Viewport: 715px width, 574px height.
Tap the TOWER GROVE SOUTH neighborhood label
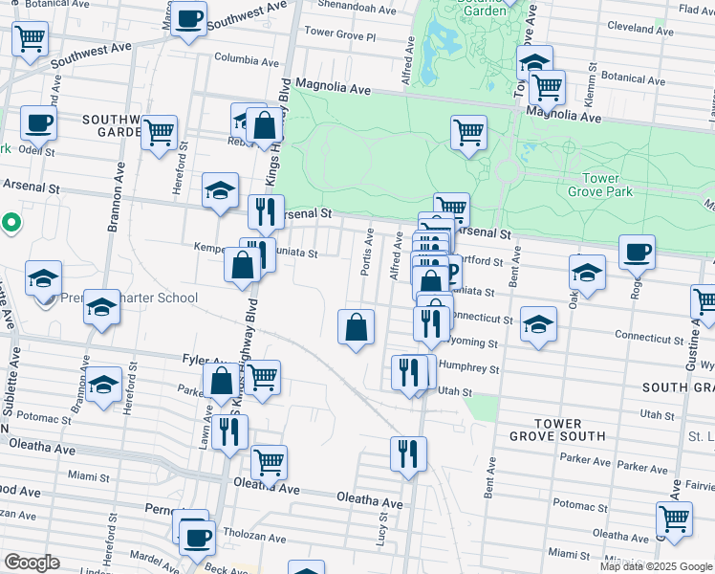pyautogui.click(x=558, y=430)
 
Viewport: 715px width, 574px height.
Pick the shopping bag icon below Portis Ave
pyautogui.click(x=356, y=327)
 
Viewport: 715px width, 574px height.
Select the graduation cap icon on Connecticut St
pyautogui.click(x=539, y=323)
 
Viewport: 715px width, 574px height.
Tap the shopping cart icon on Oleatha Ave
pyautogui.click(x=269, y=462)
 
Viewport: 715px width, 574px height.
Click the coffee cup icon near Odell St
pyautogui.click(x=38, y=122)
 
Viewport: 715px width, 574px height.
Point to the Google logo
pyautogui.click(x=32, y=563)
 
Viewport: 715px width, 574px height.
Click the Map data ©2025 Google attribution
pyautogui.click(x=654, y=566)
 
